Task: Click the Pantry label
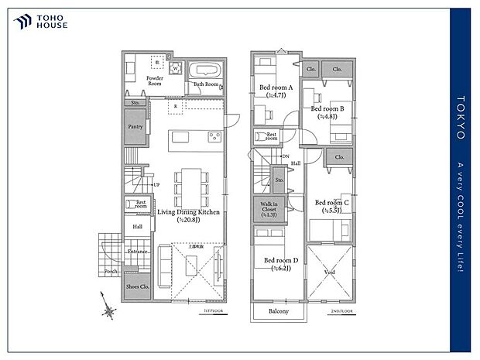[135, 125]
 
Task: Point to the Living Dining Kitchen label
[188, 215]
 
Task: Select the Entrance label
[138, 252]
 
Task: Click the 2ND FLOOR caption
[341, 310]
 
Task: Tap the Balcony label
[278, 311]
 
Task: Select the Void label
[329, 273]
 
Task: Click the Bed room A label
[276, 91]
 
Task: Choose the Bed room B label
[327, 113]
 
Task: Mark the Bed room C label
[332, 206]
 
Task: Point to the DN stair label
[285, 157]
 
